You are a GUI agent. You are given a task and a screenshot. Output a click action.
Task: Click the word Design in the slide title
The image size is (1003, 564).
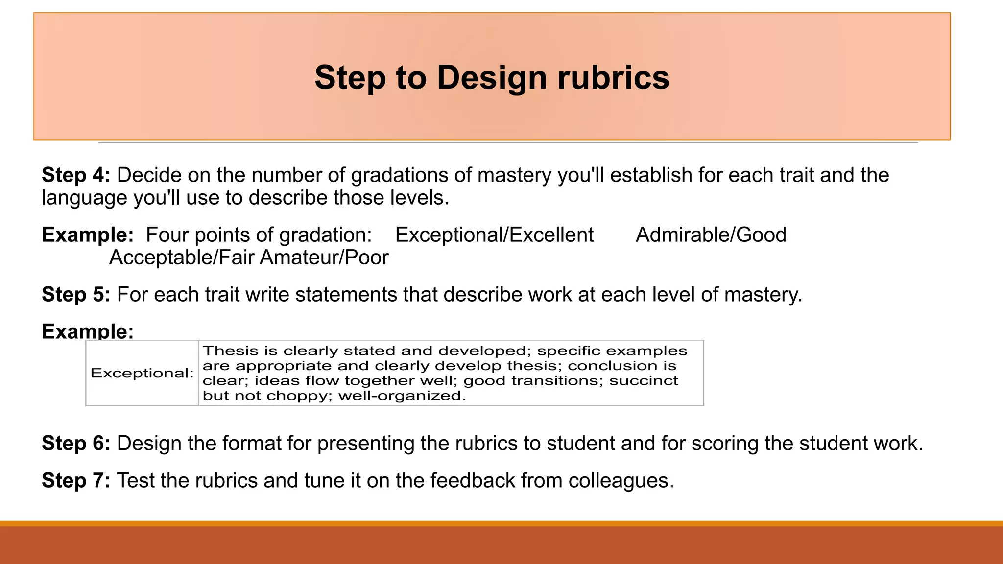point(491,78)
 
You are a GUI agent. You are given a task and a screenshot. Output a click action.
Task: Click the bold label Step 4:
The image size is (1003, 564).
point(76,175)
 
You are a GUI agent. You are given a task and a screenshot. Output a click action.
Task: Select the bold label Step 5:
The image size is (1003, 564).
point(76,295)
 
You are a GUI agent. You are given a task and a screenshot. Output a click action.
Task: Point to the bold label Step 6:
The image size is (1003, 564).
point(76,444)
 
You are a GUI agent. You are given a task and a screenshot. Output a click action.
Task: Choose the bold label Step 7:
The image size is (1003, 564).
point(76,481)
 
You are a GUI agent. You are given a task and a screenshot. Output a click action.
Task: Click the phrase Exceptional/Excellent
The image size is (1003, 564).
point(494,235)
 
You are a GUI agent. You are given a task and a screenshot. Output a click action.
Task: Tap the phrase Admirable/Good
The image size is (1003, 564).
point(711,235)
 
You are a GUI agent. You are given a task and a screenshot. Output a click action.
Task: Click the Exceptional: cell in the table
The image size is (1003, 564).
point(142,373)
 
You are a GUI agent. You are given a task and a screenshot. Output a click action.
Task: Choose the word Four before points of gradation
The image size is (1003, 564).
point(167,235)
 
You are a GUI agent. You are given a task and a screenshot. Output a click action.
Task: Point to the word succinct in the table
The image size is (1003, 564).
point(644,381)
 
